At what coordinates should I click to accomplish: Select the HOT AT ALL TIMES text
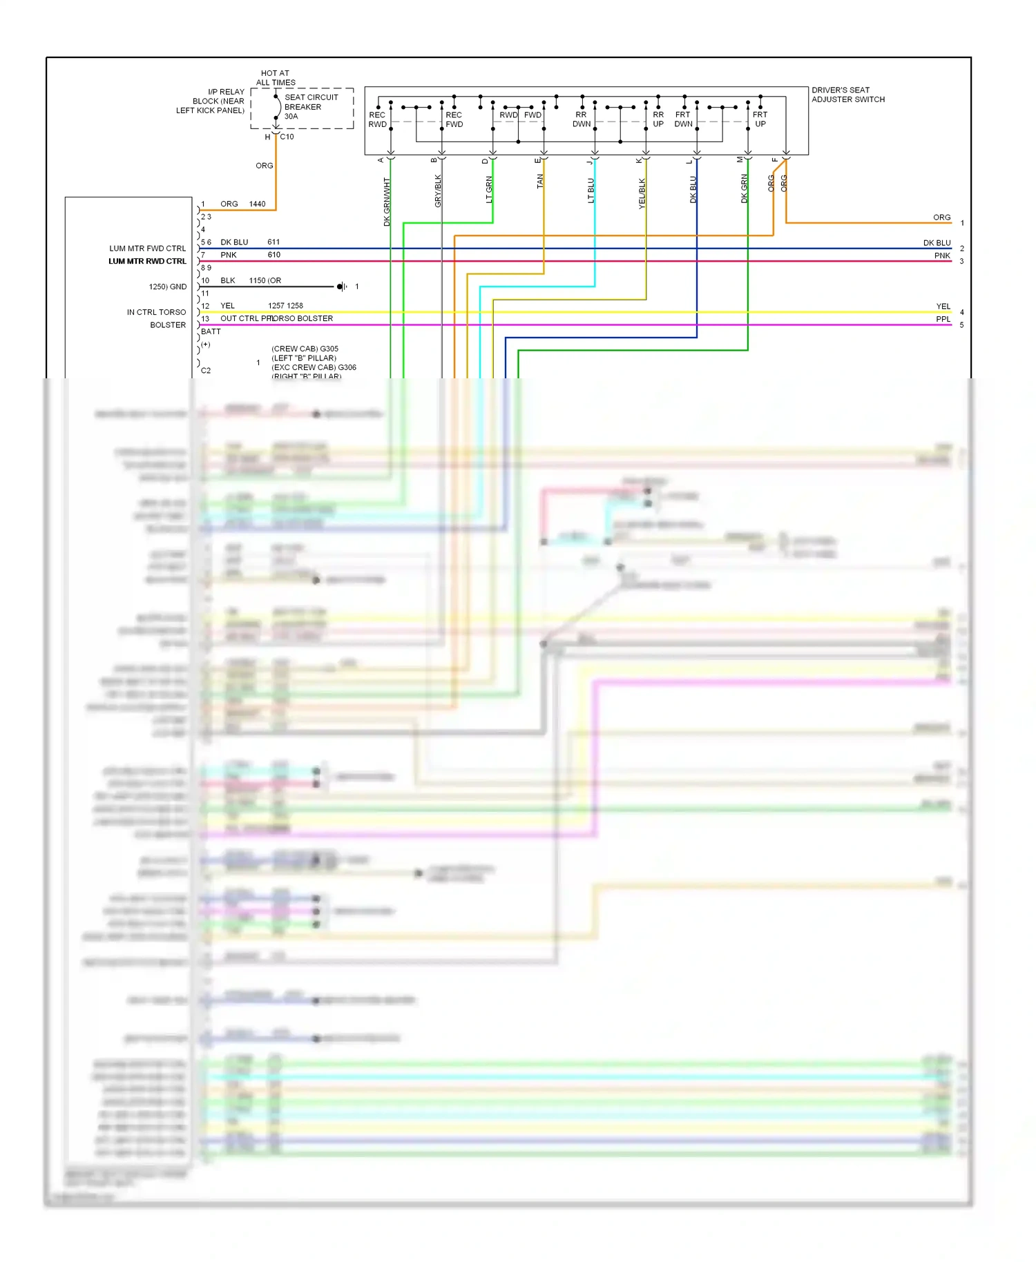(276, 77)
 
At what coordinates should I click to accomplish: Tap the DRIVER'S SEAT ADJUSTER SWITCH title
(847, 95)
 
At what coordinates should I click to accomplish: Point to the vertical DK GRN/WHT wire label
(387, 202)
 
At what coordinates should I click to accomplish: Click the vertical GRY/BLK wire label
(438, 191)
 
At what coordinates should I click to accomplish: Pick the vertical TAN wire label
(540, 181)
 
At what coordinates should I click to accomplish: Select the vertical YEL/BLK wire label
(642, 193)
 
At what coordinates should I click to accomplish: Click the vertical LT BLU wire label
(591, 190)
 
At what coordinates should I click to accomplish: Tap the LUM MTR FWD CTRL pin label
(147, 249)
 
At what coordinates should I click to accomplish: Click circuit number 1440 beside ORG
(257, 204)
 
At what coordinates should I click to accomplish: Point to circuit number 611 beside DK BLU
(274, 242)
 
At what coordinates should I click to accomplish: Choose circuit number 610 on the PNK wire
(274, 255)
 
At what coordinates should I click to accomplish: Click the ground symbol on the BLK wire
(341, 287)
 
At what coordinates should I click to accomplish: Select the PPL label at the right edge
(943, 319)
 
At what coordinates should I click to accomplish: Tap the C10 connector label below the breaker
(287, 137)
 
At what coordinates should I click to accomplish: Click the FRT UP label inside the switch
(760, 119)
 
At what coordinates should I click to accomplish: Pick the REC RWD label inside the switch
(377, 119)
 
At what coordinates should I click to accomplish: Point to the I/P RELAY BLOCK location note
(211, 101)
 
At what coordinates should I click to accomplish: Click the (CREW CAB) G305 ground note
(305, 349)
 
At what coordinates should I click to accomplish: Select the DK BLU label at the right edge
(937, 243)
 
